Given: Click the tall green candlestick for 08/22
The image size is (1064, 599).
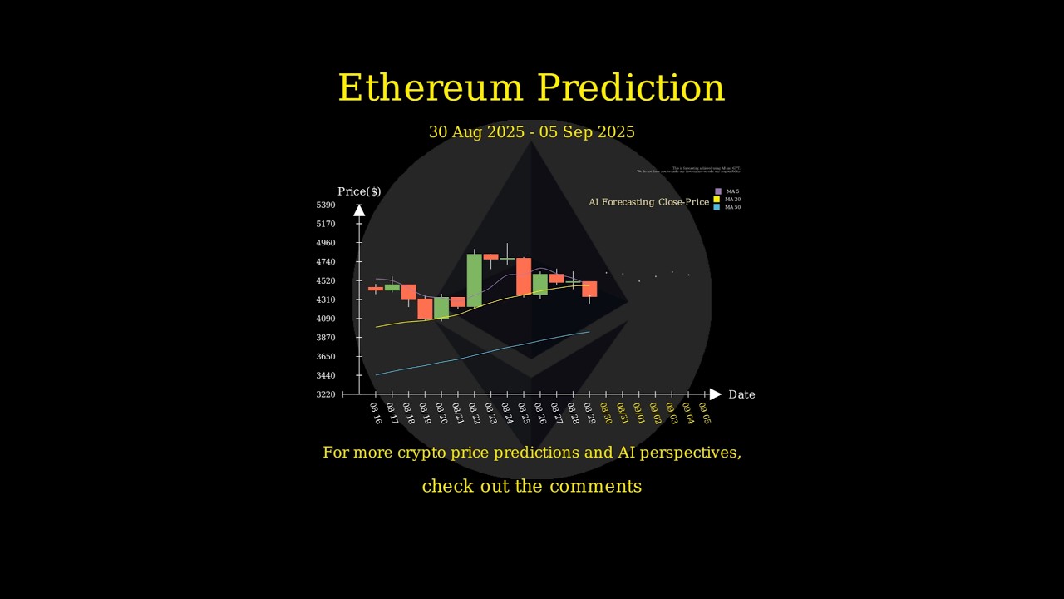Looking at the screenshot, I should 474,280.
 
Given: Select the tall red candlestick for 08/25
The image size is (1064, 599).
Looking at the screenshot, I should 524,276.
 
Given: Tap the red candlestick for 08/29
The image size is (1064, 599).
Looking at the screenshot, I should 589,289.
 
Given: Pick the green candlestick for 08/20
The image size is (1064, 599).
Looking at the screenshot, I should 441,308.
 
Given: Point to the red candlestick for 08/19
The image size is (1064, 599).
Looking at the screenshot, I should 425,309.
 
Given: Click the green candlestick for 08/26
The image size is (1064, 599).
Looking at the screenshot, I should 540,284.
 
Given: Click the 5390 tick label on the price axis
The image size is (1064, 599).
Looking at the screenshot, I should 326,205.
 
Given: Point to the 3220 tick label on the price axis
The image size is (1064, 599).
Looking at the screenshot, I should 326,394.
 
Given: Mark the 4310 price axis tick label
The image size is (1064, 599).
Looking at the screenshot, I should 326,299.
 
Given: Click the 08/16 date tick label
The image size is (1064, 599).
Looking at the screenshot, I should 376,413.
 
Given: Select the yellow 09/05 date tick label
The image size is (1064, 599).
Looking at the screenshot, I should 705,413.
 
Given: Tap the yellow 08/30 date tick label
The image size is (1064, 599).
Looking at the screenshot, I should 606,413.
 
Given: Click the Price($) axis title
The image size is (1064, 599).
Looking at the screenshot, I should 359,192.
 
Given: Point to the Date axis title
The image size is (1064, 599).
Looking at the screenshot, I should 741,394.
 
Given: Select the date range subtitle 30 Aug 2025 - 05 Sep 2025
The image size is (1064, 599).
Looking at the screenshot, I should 532,132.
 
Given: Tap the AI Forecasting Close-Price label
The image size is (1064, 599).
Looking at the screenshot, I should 649,202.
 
